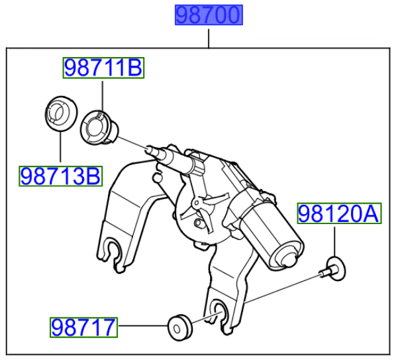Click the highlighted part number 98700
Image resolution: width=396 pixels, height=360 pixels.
point(209,15)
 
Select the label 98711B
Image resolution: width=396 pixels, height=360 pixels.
point(103,68)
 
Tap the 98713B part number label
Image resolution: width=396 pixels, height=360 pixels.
point(61,176)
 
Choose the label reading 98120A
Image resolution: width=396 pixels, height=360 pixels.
point(339,213)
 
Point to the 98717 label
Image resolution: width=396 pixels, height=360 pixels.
point(83,328)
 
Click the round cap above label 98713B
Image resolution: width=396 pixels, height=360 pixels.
point(61,113)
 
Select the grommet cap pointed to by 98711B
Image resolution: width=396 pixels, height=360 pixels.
point(99,128)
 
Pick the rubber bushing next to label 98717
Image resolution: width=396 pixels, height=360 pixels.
point(180,328)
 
